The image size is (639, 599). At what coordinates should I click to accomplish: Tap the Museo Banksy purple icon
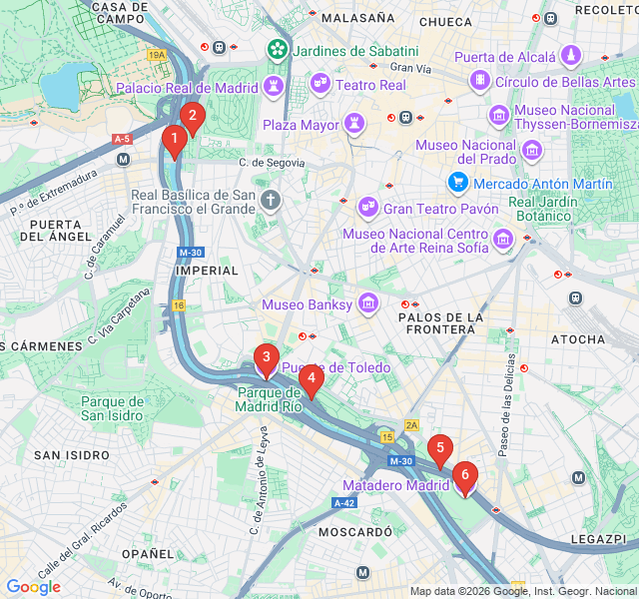[x=368, y=303]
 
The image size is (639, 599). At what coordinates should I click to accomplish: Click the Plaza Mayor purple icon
[x=353, y=125]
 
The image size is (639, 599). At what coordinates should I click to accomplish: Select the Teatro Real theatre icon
[x=320, y=84]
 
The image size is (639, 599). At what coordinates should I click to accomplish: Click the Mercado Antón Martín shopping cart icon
[x=458, y=183]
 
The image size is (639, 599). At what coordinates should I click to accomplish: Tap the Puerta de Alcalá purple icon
[x=571, y=56]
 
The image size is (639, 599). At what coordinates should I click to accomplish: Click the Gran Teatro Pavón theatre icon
[x=367, y=208]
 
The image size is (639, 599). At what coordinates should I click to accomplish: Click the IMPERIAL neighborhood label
[x=207, y=271]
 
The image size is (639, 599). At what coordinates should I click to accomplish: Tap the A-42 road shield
[x=345, y=502]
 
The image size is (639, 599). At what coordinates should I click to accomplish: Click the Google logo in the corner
[x=33, y=587]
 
